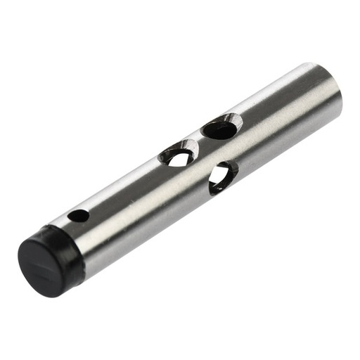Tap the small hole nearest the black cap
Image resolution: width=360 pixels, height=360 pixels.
pyautogui.click(x=79, y=216)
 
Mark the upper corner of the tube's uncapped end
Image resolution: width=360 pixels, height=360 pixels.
pyautogui.click(x=309, y=65)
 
